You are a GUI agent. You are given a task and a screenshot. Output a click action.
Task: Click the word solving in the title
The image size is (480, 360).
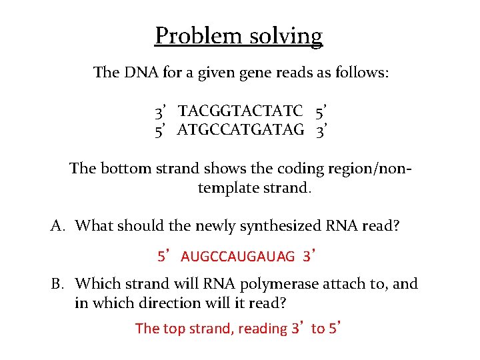point(286,35)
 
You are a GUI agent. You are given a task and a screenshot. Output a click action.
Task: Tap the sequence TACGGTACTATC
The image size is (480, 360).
point(241,110)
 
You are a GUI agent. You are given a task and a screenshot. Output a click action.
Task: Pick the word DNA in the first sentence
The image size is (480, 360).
point(138,72)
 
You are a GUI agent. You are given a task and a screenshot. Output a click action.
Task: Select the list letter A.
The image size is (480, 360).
point(57,225)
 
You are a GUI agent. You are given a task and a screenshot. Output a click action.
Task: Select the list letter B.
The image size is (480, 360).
point(58,284)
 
